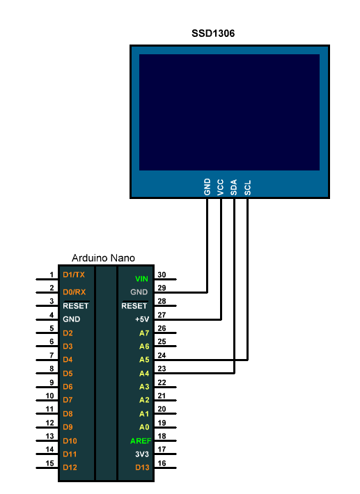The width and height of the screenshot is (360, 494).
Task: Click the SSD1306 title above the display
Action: (x=213, y=33)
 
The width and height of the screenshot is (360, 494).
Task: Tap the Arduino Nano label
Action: (x=103, y=258)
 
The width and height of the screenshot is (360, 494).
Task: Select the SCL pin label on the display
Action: (x=247, y=188)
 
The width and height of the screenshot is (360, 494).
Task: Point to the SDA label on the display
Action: (x=233, y=187)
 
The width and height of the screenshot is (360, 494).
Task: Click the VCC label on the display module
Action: (x=220, y=187)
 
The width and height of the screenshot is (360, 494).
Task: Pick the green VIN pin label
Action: (x=141, y=279)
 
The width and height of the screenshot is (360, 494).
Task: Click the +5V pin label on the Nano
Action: (x=142, y=319)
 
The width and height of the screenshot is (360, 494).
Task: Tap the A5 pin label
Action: (x=144, y=360)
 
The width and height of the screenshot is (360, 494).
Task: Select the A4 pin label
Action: (x=144, y=374)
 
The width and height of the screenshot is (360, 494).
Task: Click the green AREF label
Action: (x=141, y=441)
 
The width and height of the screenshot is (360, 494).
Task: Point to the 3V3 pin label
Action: (x=142, y=454)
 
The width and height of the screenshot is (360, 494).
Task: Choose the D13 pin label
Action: (x=142, y=468)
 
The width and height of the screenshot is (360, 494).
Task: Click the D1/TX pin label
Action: (x=74, y=275)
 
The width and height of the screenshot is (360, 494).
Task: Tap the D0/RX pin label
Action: (x=75, y=292)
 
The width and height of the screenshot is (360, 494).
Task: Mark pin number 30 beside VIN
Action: (x=162, y=275)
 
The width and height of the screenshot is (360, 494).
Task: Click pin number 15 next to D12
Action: (x=50, y=463)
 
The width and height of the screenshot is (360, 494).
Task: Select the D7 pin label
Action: (x=68, y=400)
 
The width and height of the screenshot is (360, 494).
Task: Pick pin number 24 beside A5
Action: (x=162, y=356)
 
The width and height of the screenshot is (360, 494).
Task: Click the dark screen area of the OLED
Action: (x=230, y=112)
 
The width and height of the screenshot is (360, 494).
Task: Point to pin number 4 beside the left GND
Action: (x=52, y=315)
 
